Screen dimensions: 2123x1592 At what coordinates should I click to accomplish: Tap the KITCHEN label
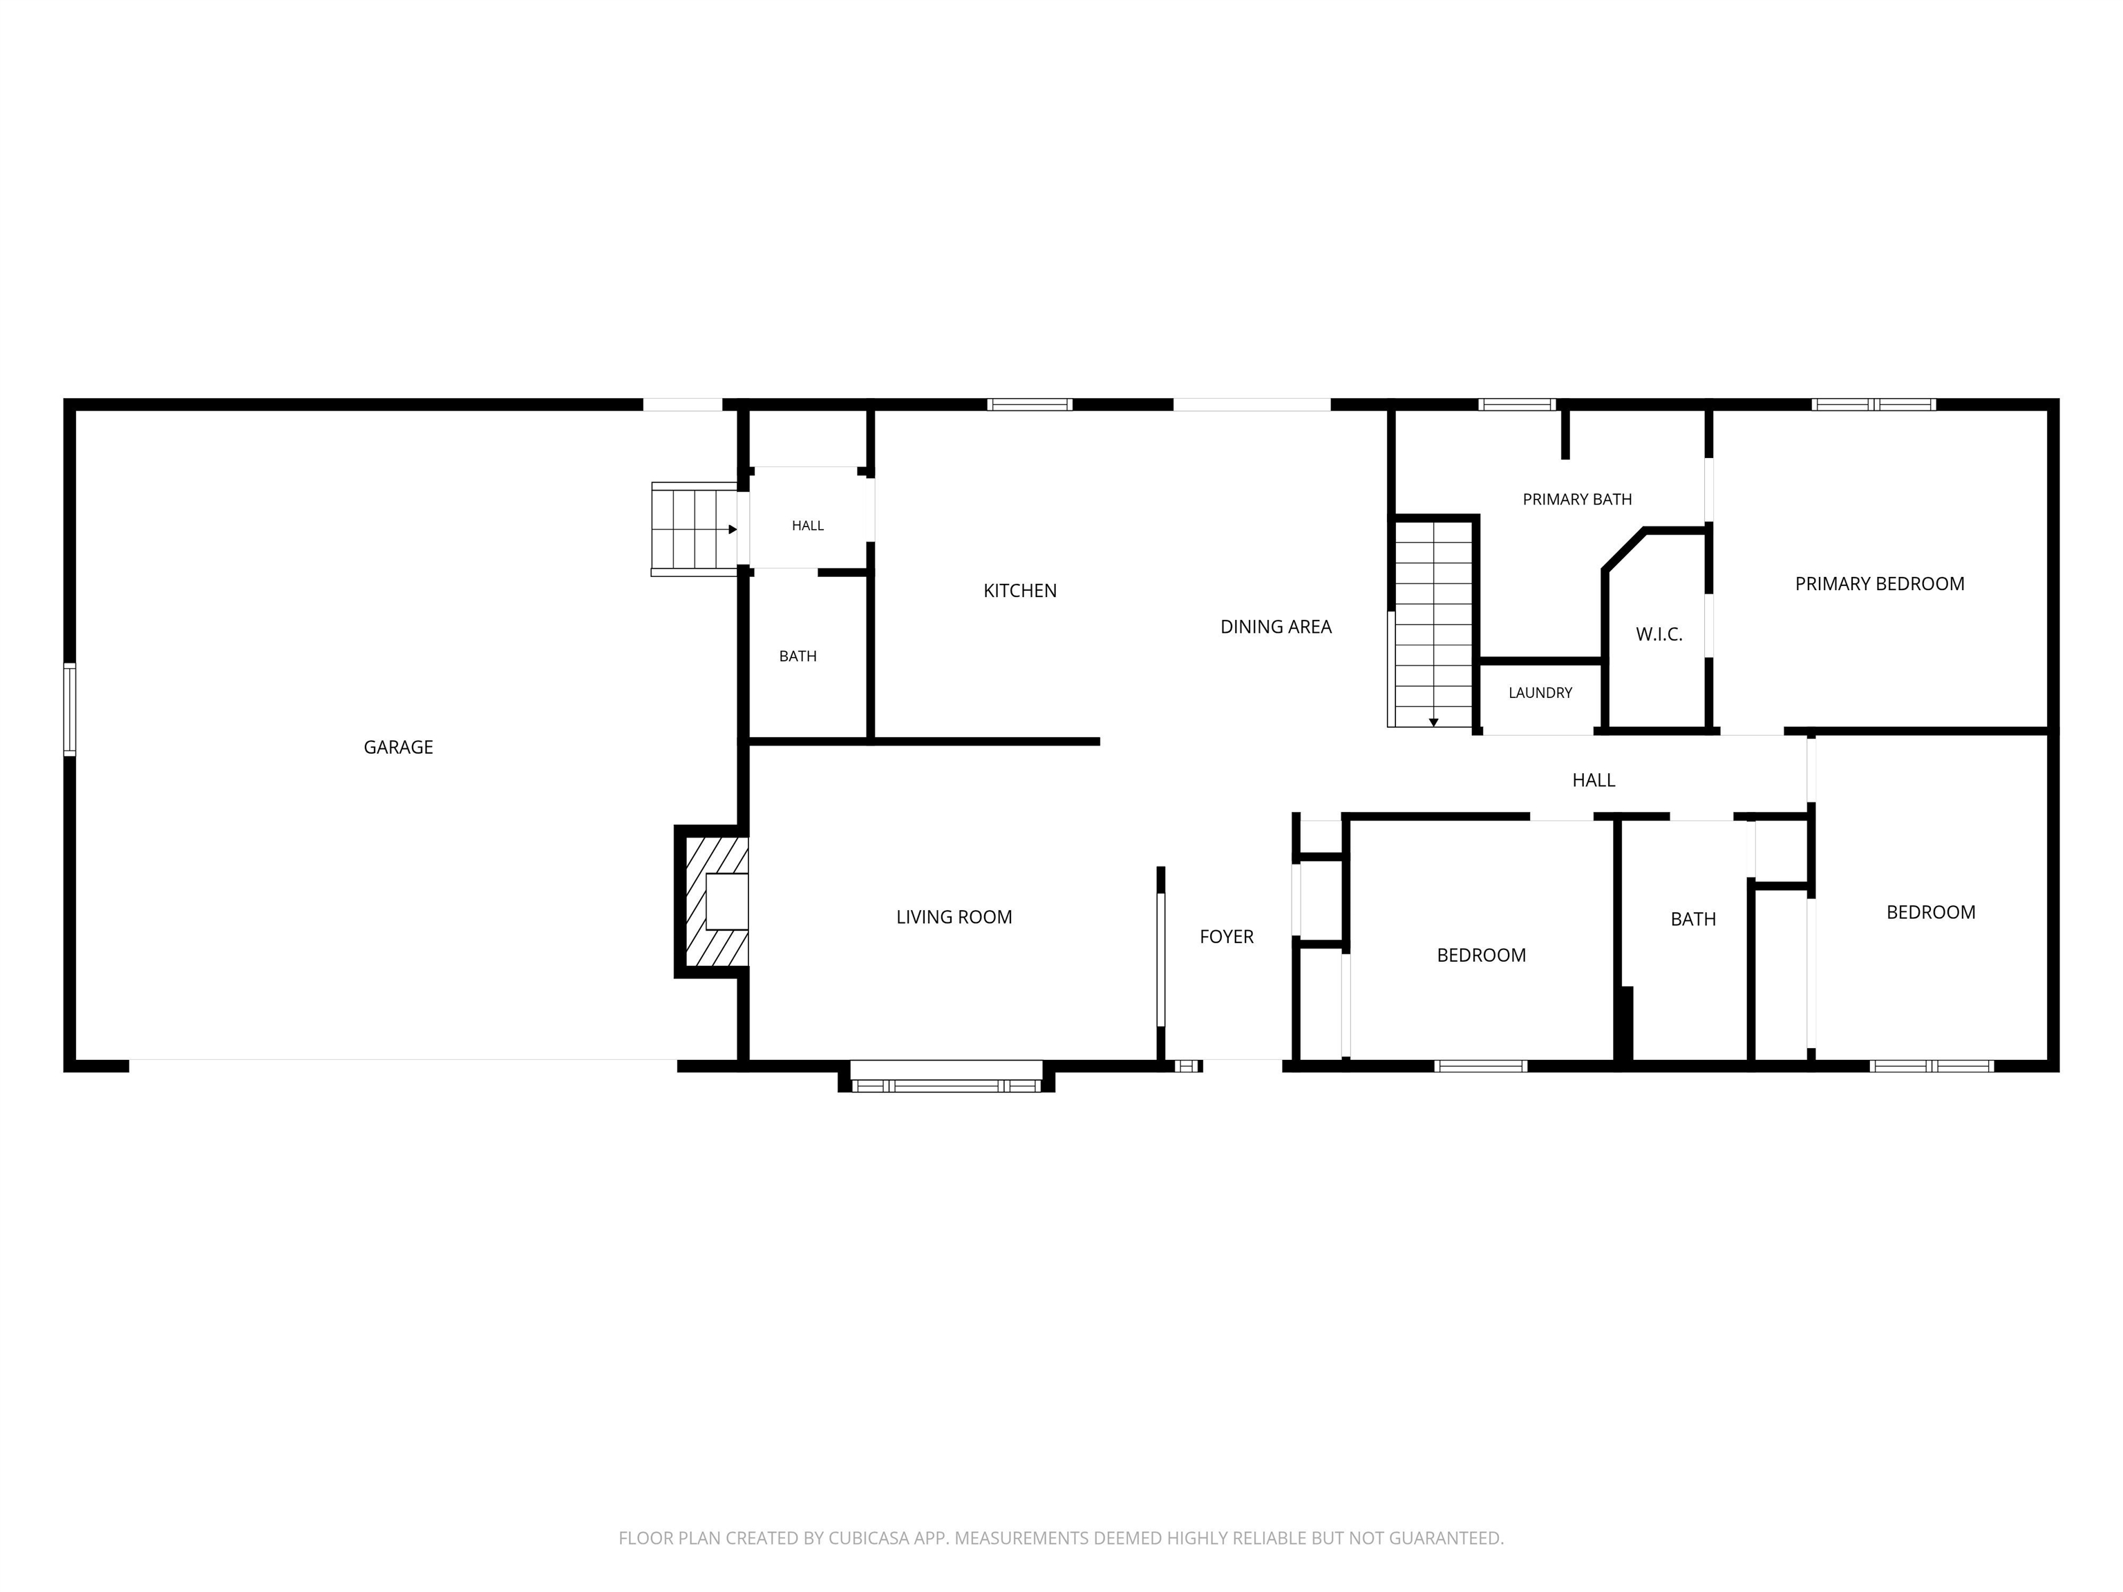click(x=1020, y=591)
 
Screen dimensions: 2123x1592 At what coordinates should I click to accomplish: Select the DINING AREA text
click(x=1276, y=627)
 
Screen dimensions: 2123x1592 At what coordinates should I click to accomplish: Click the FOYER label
click(x=1227, y=936)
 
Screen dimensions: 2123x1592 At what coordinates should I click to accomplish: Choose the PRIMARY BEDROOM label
click(x=1879, y=583)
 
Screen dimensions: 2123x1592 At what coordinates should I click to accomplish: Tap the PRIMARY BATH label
click(x=1577, y=499)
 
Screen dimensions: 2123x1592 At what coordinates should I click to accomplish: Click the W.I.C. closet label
click(x=1659, y=634)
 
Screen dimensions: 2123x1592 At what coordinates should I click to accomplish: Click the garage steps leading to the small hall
click(x=694, y=529)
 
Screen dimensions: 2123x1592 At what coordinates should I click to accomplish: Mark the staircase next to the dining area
click(x=1431, y=623)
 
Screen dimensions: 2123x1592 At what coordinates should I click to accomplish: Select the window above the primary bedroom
click(x=1874, y=404)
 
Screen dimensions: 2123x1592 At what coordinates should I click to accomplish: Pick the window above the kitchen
click(x=1030, y=404)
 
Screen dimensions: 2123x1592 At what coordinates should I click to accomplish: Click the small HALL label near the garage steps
click(x=808, y=526)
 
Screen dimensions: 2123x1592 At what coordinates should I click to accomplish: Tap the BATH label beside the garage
click(x=798, y=656)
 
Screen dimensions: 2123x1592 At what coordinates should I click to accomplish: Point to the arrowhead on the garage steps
click(x=733, y=529)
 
